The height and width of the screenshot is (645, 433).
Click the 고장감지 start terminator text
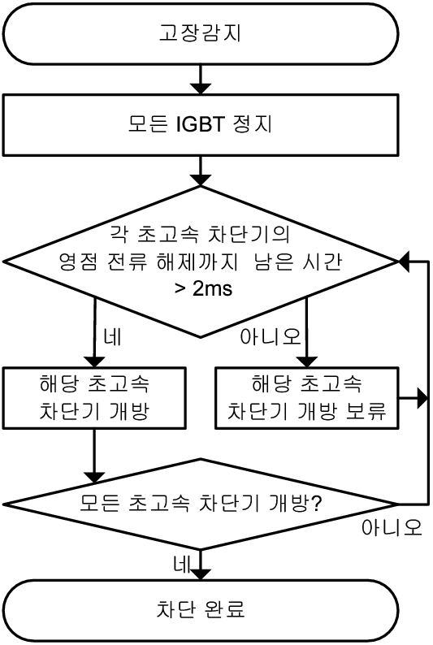(200, 33)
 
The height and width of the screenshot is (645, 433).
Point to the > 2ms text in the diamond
(203, 288)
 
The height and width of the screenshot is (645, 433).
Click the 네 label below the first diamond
(112, 337)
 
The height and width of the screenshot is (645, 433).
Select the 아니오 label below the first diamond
(271, 337)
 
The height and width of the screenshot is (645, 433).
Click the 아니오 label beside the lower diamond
(392, 527)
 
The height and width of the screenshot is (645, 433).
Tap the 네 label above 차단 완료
(183, 565)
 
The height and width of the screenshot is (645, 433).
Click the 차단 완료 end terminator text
(201, 609)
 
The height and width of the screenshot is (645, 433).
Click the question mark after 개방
(316, 503)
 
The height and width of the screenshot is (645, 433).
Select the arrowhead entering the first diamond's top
(201, 180)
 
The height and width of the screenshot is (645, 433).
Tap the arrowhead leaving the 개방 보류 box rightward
(422, 398)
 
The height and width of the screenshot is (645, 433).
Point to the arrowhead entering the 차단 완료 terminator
(201, 574)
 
